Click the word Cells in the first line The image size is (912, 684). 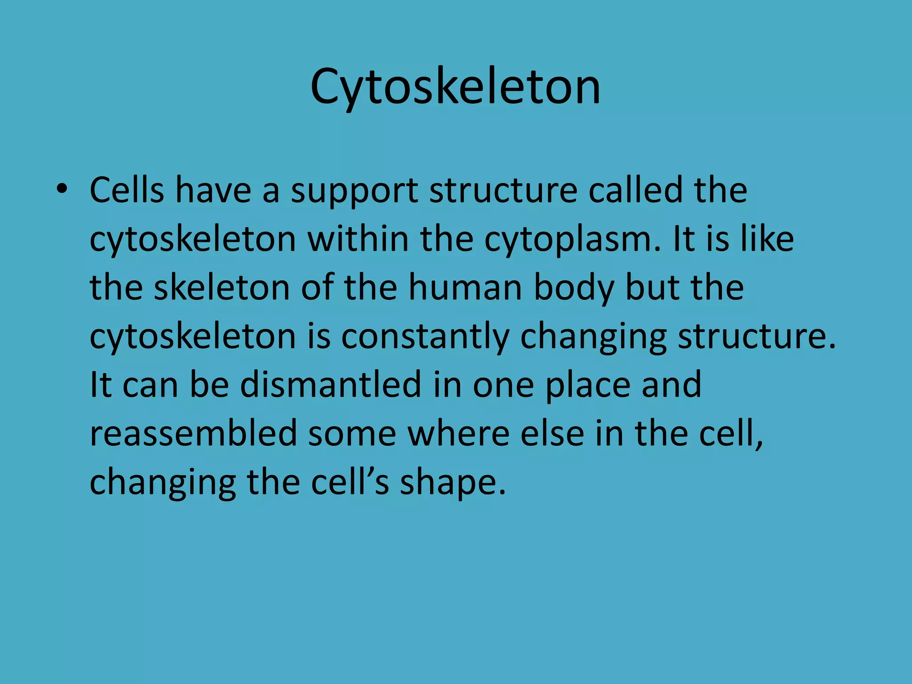point(127,190)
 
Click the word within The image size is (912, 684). point(358,239)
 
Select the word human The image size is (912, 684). point(465,288)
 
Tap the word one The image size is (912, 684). point(503,386)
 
